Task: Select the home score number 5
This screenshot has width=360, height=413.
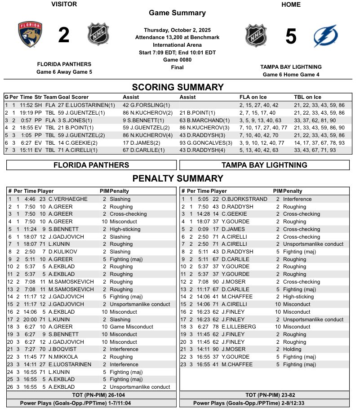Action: click(x=291, y=36)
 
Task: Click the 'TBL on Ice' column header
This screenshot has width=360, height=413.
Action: click(x=307, y=97)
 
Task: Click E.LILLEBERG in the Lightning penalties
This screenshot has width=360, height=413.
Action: click(x=238, y=327)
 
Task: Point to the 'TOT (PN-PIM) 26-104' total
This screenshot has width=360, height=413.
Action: click(x=91, y=395)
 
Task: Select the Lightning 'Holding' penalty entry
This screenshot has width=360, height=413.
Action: click(x=293, y=349)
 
